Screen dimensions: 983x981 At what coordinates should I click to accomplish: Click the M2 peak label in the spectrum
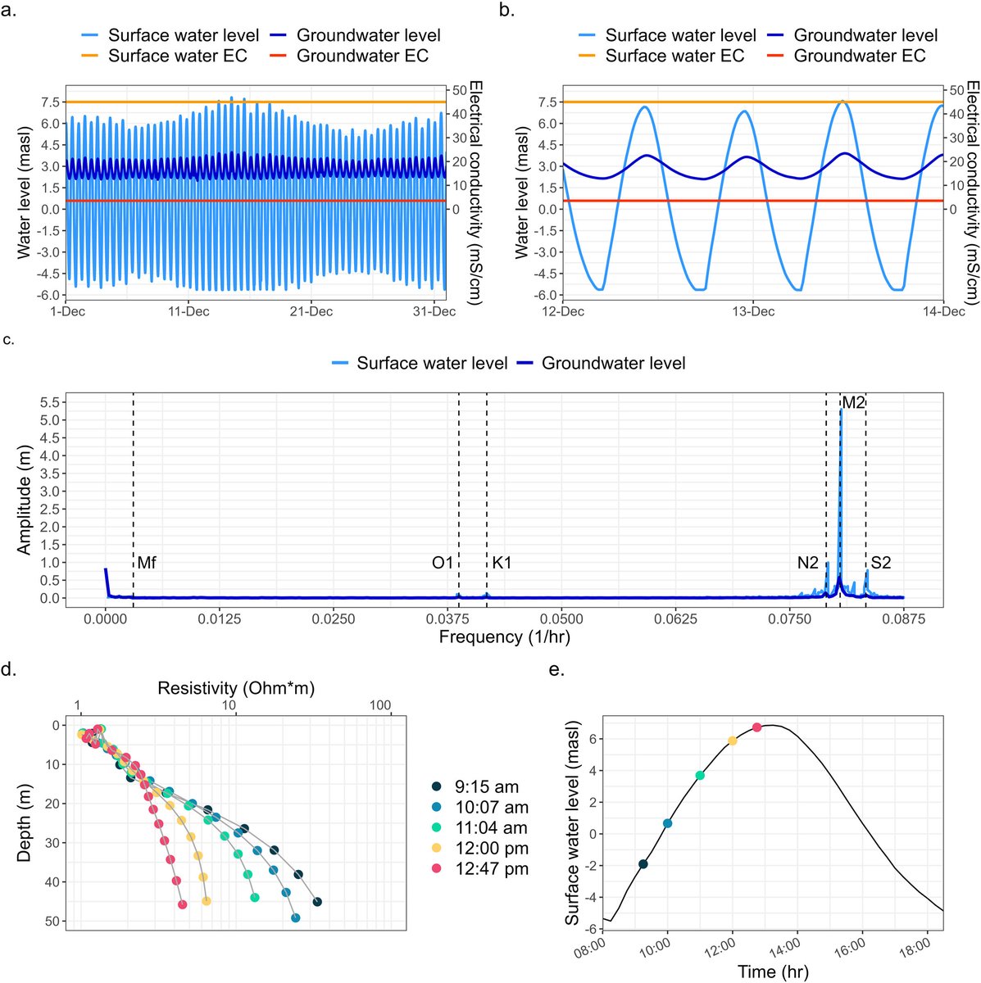tap(853, 402)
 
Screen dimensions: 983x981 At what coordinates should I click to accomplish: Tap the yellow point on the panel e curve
tap(733, 741)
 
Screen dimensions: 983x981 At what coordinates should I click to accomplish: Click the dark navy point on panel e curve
tap(643, 863)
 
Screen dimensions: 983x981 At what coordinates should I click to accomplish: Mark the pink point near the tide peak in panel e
tap(757, 727)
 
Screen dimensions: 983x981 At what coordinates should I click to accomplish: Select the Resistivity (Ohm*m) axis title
tap(236, 687)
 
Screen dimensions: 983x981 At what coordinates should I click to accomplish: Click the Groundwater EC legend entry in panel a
tap(361, 57)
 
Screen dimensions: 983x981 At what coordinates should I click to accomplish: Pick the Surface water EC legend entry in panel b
tap(674, 57)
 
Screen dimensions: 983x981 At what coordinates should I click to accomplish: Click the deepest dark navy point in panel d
tap(317, 902)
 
